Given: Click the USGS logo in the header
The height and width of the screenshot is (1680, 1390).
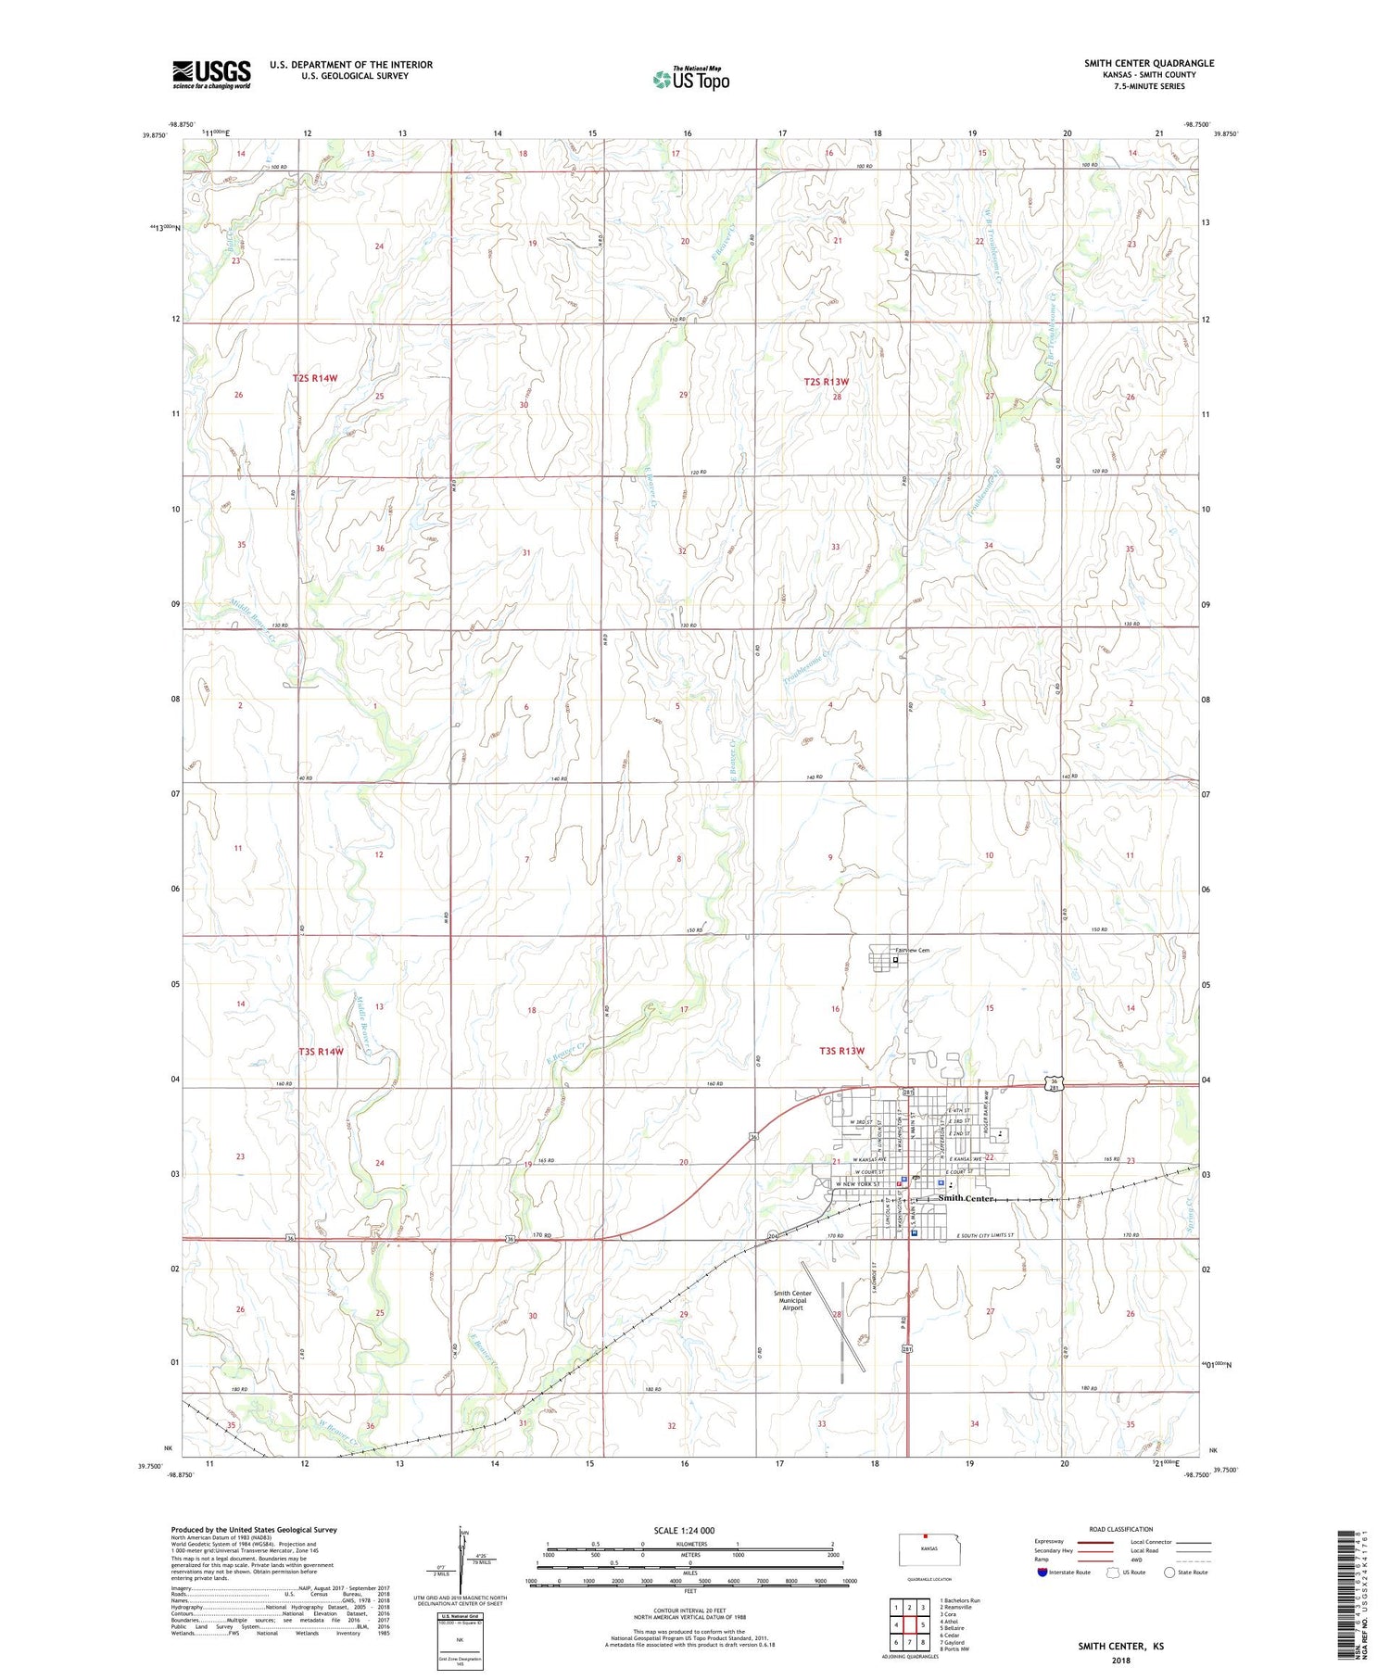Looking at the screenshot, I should (x=211, y=74).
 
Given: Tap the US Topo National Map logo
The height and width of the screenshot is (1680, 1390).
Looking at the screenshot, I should (x=690, y=78).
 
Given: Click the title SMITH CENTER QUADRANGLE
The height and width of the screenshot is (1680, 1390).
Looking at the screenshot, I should (x=1149, y=63).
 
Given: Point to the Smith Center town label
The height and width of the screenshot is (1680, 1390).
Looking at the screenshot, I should (x=966, y=1198).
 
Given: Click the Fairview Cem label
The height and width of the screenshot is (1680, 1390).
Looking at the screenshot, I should (x=911, y=950).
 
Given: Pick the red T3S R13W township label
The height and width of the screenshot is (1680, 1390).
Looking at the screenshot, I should (x=841, y=1051).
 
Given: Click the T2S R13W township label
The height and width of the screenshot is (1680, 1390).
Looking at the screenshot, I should (x=826, y=382).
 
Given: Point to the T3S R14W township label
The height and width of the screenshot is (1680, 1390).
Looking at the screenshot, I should (x=321, y=1051).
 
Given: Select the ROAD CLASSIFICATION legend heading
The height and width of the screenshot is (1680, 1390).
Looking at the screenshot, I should (x=1121, y=1529).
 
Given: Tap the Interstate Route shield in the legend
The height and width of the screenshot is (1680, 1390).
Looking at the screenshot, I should (x=1042, y=1573).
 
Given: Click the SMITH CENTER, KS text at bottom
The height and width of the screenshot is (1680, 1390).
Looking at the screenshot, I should (x=1120, y=1646).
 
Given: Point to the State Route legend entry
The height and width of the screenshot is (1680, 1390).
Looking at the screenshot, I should (x=1187, y=1573).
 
